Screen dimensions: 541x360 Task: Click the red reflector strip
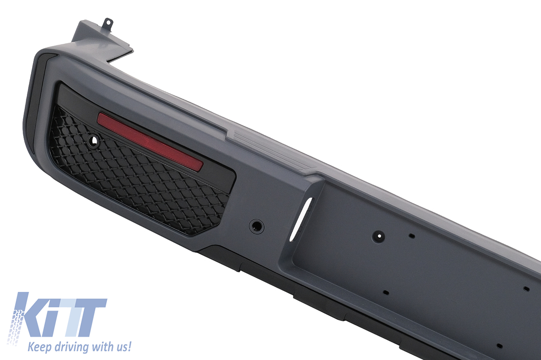pyautogui.click(x=150, y=141)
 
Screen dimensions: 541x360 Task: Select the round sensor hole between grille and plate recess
pyautogui.click(x=257, y=225)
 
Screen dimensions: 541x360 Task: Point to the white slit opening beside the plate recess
pyautogui.click(x=301, y=219)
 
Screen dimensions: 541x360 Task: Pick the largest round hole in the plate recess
pyautogui.click(x=378, y=236)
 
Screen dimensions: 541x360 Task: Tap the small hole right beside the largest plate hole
pyautogui.click(x=411, y=236)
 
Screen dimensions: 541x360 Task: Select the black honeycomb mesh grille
pyautogui.click(x=138, y=173)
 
